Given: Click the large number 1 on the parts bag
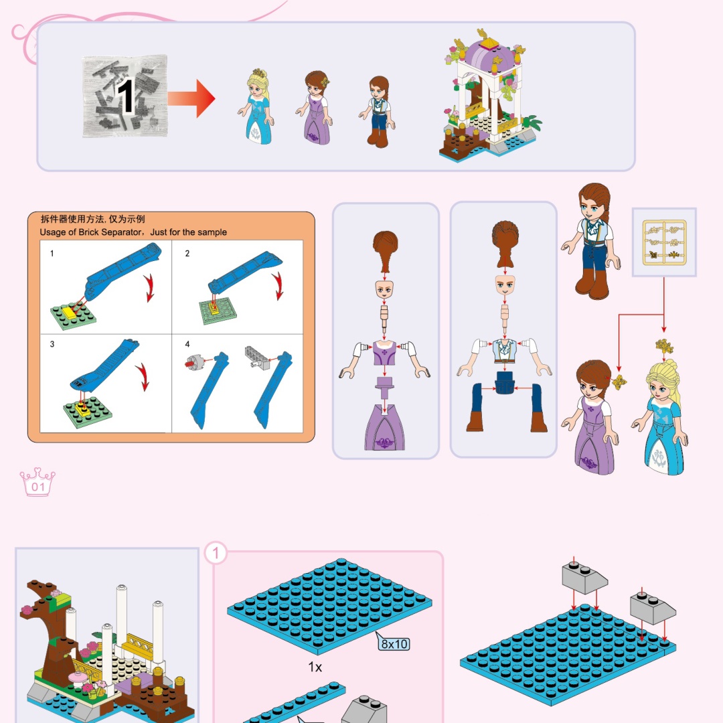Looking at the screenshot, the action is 125,96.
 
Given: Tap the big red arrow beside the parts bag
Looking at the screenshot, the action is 191,98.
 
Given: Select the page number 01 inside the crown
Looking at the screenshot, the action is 38,487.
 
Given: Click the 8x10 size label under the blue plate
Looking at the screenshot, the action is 394,643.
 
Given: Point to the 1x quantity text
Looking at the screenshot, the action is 315,667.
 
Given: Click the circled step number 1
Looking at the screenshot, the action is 216,553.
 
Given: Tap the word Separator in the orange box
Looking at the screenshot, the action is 120,232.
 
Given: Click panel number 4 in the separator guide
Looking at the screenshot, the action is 187,344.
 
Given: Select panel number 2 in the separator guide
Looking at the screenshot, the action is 187,253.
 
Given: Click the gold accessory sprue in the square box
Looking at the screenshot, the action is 665,242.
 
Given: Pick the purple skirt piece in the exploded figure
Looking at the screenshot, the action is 384,426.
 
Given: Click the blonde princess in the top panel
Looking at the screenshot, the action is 256,106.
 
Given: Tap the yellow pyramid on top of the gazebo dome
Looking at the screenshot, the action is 489,44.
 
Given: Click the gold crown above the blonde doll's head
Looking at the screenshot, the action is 664,345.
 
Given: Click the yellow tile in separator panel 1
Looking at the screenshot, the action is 70,312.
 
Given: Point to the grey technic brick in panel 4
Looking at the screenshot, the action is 257,356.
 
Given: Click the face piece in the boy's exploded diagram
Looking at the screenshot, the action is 505,285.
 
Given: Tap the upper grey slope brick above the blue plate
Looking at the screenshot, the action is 584,577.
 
